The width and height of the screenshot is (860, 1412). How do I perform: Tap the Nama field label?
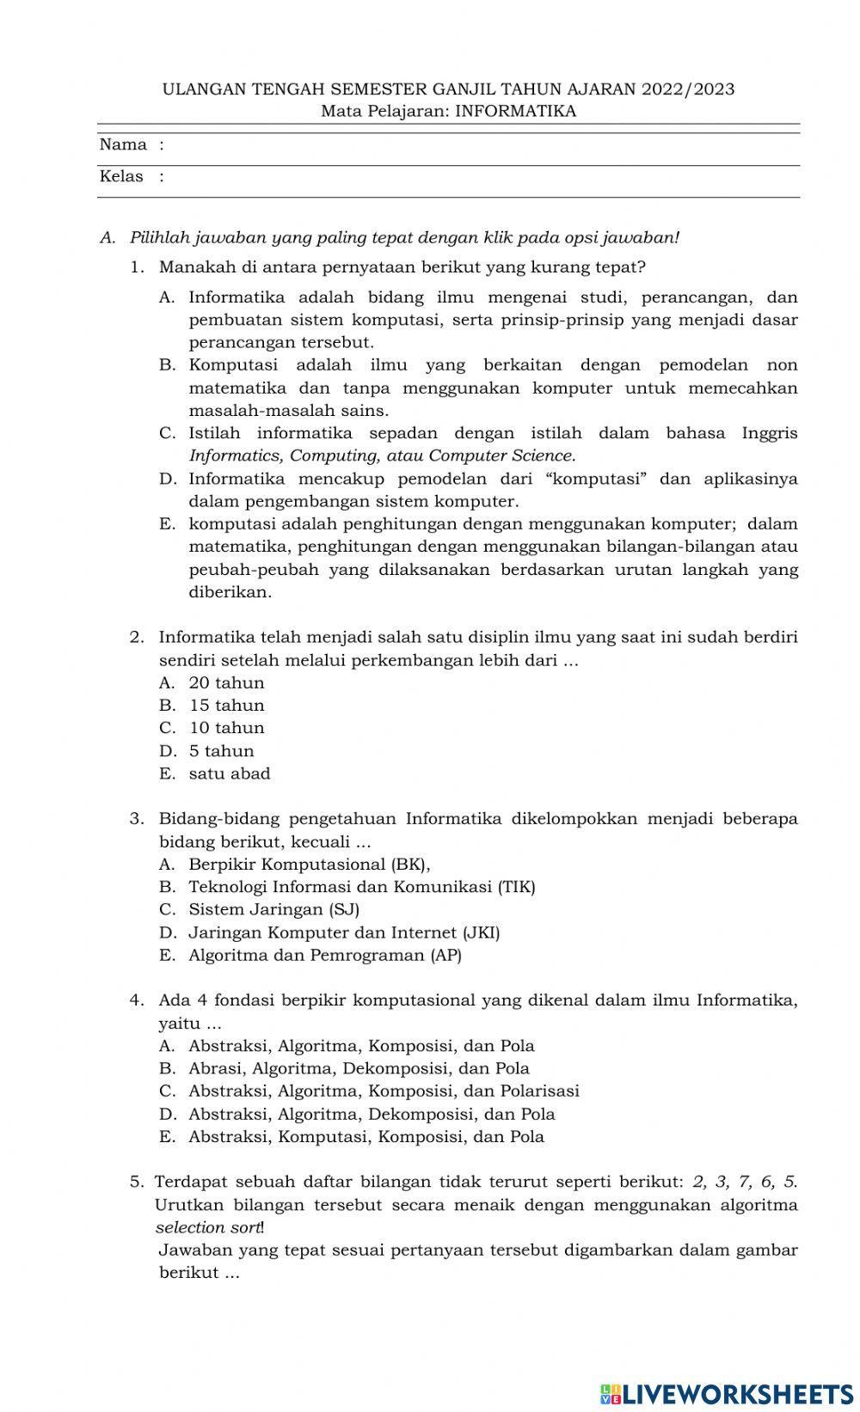123,144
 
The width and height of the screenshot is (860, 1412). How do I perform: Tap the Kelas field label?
121,176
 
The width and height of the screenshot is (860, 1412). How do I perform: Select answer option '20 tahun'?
226,683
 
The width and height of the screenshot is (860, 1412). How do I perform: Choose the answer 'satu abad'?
230,773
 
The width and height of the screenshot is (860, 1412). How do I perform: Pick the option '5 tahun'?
222,751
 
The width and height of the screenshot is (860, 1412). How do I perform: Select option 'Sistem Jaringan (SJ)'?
273,909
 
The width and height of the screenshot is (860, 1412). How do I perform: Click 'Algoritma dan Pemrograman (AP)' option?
325,955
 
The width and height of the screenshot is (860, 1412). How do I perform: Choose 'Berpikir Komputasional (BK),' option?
309,864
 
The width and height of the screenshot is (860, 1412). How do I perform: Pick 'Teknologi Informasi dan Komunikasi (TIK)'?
361,887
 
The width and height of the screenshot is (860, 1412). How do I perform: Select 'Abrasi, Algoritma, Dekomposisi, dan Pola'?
359,1068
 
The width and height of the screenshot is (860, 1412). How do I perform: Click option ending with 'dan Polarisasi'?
384,1091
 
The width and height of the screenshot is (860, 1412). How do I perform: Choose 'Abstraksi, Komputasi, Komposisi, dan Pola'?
366,1136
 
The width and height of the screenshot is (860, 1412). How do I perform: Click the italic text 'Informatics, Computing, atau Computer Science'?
381,455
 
